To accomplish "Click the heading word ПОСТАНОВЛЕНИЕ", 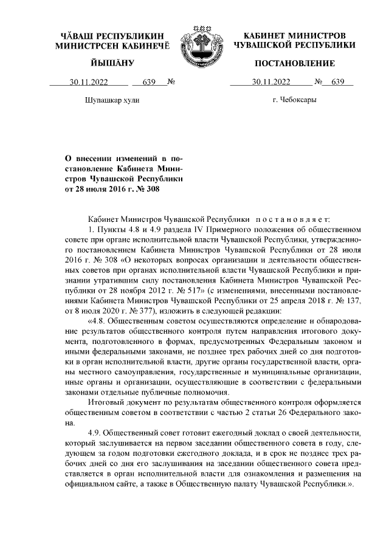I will tap(295, 63).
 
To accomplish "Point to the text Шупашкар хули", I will tap(104, 101).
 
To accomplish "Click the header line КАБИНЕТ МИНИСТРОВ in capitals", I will tap(295, 36).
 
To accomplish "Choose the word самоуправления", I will tap(139, 371).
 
